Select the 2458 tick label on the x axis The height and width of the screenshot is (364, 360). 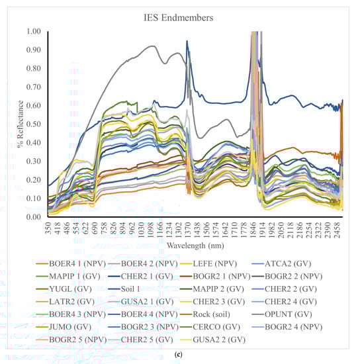coord(337,231)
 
